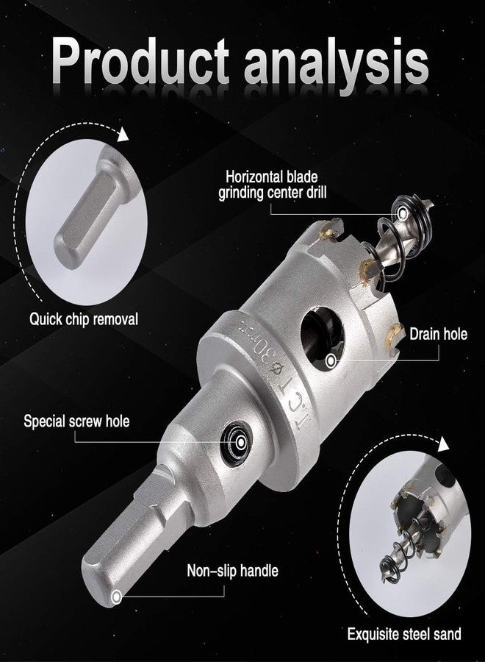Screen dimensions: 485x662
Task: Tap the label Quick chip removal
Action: [x=84, y=319]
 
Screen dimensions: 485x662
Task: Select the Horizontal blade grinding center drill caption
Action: [x=272, y=184]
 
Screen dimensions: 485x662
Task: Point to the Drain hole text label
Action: [x=439, y=334]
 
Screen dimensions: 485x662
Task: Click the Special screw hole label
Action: [x=76, y=421]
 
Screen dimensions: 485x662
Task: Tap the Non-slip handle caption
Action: [x=232, y=570]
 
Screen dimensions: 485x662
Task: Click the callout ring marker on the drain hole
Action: [x=331, y=360]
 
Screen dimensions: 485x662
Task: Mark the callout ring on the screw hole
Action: [x=241, y=443]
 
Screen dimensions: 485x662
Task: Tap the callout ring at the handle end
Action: [x=116, y=597]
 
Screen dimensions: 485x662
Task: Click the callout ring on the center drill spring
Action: [x=403, y=213]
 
